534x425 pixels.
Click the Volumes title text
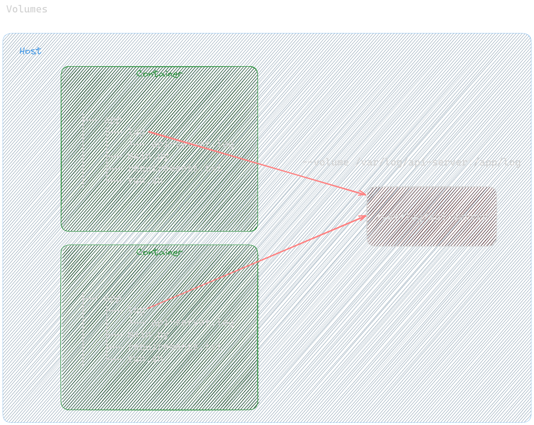[x=27, y=9]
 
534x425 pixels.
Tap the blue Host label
[x=30, y=51]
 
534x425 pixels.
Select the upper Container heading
[x=159, y=74]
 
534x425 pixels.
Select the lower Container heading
[x=159, y=252]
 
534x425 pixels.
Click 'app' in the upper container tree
[x=112, y=120]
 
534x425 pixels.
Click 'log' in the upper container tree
[x=136, y=132]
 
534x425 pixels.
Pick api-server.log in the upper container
[x=193, y=144]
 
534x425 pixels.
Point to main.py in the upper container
[x=148, y=156]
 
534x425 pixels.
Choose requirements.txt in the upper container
[x=175, y=168]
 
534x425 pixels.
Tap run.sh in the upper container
[x=145, y=180]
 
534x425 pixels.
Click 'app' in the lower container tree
[x=112, y=298]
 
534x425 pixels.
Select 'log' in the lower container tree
[x=136, y=310]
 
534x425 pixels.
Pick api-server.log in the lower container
[x=193, y=322]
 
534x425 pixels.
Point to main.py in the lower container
[x=148, y=334]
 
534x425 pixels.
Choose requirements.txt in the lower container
[x=175, y=346]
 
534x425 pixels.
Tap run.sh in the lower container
[x=145, y=359]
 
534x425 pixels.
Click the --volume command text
[x=411, y=162]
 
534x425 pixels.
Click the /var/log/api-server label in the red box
[x=432, y=217]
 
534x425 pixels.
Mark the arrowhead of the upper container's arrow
[x=365, y=194]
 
